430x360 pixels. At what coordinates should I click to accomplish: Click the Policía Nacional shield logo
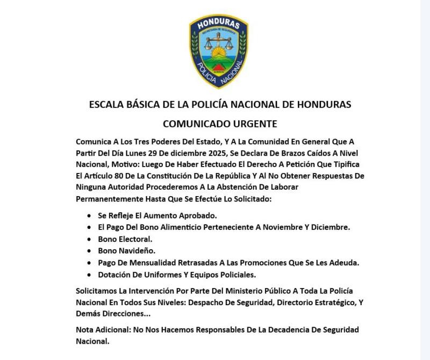click(x=219, y=52)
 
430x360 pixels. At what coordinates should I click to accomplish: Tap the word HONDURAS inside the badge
click(x=219, y=25)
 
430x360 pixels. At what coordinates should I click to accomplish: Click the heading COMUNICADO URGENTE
click(x=220, y=124)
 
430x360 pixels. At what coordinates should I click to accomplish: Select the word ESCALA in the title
click(x=105, y=104)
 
